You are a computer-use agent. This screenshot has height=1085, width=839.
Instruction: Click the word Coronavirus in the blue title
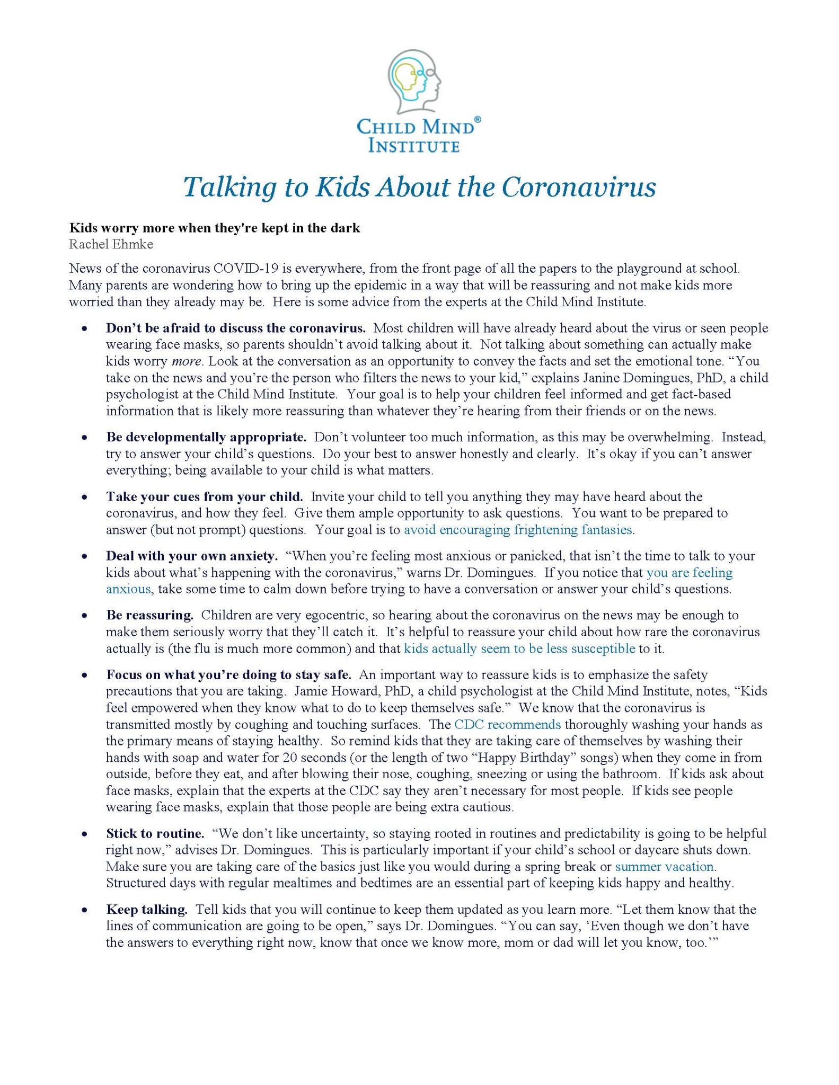click(x=579, y=187)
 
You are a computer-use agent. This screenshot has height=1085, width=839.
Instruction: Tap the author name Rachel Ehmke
click(x=111, y=244)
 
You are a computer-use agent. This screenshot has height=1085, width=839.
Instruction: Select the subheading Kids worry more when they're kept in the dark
click(x=215, y=228)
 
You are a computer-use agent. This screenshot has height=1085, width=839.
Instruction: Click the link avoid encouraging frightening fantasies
click(x=518, y=529)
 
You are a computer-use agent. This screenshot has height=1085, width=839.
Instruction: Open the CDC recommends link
click(x=507, y=724)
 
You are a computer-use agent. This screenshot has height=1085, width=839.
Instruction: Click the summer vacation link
click(x=665, y=866)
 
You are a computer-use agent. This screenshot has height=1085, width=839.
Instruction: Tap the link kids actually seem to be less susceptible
click(x=519, y=648)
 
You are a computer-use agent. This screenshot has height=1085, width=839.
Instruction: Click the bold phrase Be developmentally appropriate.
click(x=206, y=437)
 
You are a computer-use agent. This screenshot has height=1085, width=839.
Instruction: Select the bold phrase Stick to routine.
click(x=155, y=833)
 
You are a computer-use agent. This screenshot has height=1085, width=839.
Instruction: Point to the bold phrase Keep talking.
click(x=147, y=910)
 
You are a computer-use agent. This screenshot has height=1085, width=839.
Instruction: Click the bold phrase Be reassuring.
click(x=149, y=615)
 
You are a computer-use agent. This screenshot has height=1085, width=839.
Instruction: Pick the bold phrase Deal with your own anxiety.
click(x=191, y=556)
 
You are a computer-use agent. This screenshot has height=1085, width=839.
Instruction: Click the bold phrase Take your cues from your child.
click(x=204, y=496)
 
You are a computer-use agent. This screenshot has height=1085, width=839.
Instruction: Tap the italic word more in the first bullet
click(x=187, y=361)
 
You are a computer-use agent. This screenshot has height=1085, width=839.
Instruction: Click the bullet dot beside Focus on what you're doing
click(x=84, y=675)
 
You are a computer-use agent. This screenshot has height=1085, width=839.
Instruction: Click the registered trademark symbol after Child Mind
click(x=477, y=121)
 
